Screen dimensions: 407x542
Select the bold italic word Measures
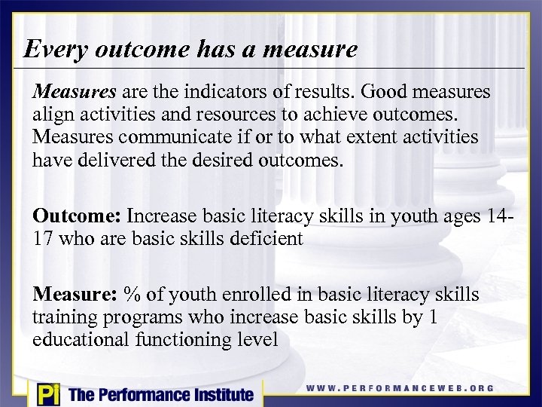pos(74,92)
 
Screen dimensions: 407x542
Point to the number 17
pos(43,239)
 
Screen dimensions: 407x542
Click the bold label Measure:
pos(75,295)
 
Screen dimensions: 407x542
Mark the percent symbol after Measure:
pos(133,295)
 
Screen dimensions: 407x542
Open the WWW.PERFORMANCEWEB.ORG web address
pos(400,388)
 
